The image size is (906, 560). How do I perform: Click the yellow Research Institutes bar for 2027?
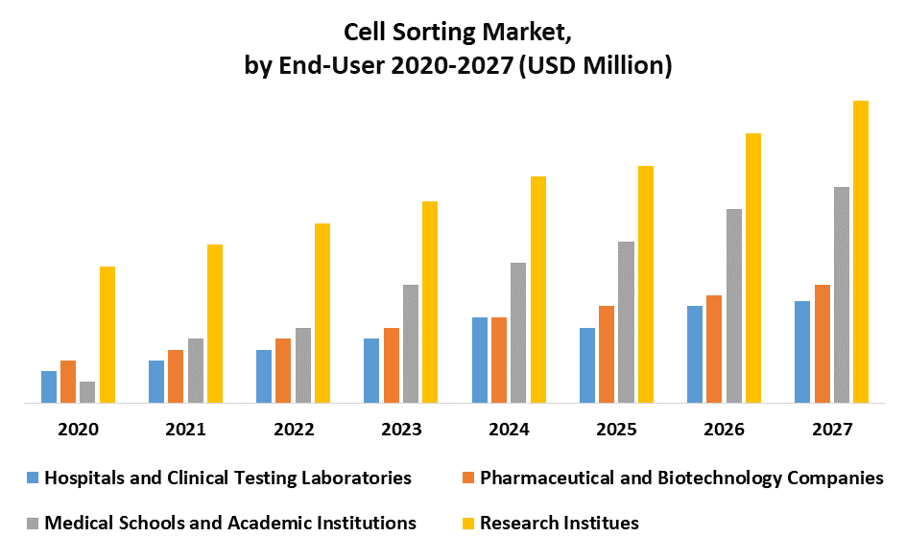click(861, 252)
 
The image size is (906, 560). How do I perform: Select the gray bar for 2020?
click(87, 392)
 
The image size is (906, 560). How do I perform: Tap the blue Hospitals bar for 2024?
click(479, 360)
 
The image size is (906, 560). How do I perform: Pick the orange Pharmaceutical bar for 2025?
click(607, 354)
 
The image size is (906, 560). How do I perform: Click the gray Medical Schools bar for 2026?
click(733, 306)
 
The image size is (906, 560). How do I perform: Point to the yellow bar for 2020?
click(107, 335)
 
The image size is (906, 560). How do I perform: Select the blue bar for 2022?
click(264, 376)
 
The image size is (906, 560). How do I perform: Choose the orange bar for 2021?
click(176, 376)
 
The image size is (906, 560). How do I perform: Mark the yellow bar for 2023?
click(430, 302)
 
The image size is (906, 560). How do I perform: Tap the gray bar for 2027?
click(842, 294)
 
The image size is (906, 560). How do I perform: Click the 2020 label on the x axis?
click(78, 431)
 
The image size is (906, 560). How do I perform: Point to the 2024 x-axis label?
click(508, 431)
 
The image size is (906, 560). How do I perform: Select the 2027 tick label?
click(831, 431)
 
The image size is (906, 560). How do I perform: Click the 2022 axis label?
click(293, 431)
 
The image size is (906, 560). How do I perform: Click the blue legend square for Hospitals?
click(34, 478)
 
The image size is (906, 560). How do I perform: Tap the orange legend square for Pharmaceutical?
click(468, 478)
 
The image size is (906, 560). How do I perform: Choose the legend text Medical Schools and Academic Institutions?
click(230, 523)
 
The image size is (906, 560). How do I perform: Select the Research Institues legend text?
click(559, 523)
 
